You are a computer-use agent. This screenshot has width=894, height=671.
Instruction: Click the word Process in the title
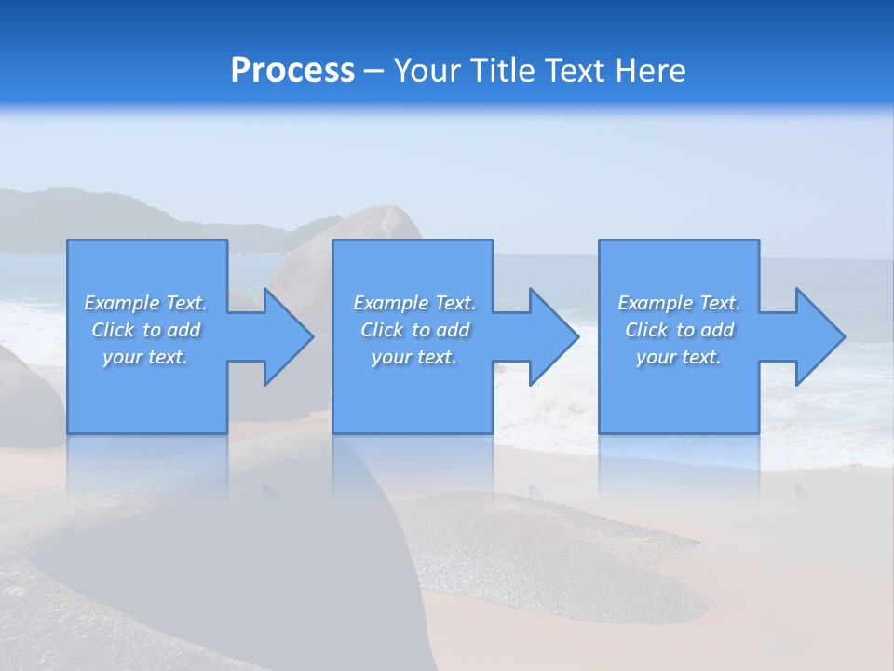[292, 71]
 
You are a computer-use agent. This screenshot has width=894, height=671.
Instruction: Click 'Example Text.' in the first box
[146, 303]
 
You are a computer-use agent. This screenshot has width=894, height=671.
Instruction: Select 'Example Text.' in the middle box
[414, 303]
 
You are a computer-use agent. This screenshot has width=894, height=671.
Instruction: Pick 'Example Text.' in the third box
[679, 303]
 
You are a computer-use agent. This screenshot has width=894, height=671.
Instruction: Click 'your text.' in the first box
[145, 357]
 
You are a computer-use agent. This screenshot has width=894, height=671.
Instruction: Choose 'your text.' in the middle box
[414, 357]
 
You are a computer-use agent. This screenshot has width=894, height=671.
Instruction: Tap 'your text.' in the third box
[679, 357]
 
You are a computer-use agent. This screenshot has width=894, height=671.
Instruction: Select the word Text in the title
[575, 71]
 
